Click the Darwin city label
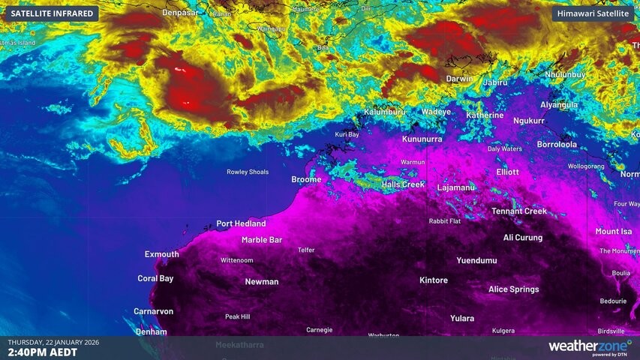click(459, 79)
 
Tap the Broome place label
click(306, 179)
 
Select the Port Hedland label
click(241, 223)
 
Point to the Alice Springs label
click(513, 289)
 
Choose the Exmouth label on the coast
click(161, 254)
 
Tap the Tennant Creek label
click(519, 211)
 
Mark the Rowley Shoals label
click(248, 172)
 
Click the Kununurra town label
click(422, 139)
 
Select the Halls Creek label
click(403, 184)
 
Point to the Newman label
click(261, 282)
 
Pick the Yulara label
click(462, 318)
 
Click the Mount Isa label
click(614, 232)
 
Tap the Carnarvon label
click(153, 310)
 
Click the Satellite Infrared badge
click(53, 13)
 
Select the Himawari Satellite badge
click(593, 13)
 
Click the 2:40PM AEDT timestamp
click(42, 352)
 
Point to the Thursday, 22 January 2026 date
click(53, 342)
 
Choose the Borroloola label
click(557, 144)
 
